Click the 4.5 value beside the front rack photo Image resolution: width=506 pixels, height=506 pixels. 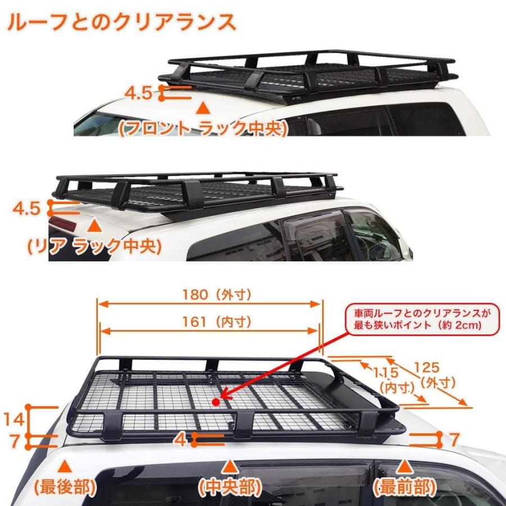coord(138,93)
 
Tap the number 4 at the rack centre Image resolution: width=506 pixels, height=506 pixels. coord(180,440)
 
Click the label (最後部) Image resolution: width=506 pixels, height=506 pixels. coord(65,486)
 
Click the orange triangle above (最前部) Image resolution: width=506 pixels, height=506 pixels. coord(405,466)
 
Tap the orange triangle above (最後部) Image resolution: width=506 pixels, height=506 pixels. coord(65,466)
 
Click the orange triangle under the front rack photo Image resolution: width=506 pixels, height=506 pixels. coord(204,107)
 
